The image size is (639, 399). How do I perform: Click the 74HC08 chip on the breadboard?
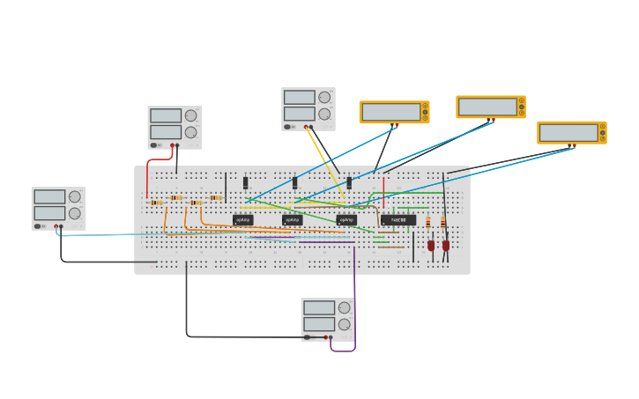pyautogui.click(x=398, y=220)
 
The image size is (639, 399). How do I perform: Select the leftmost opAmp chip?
pyautogui.click(x=243, y=220)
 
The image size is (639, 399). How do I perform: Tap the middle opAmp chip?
pyautogui.click(x=293, y=220)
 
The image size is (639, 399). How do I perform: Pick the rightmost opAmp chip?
pyautogui.click(x=346, y=220)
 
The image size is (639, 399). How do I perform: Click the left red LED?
pyautogui.click(x=431, y=246)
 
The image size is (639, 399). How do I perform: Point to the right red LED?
pyautogui.click(x=446, y=246)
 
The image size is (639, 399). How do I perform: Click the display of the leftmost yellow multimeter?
pyautogui.click(x=390, y=112)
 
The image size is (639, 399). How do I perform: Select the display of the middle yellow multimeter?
pyautogui.click(x=487, y=107)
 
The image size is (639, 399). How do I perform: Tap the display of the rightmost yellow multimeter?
pyautogui.click(x=568, y=132)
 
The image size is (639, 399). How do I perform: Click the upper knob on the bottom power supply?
pyautogui.click(x=344, y=307)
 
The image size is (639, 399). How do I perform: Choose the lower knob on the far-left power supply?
pyautogui.click(x=75, y=213)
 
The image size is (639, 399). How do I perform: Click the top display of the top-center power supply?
pyautogui.click(x=300, y=97)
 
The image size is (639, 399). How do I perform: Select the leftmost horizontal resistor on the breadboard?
pyautogui.click(x=157, y=203)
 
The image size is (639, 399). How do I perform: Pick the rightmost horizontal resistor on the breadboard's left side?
pyautogui.click(x=215, y=197)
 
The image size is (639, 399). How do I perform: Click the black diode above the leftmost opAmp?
pyautogui.click(x=246, y=183)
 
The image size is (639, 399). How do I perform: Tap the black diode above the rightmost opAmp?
pyautogui.click(x=349, y=183)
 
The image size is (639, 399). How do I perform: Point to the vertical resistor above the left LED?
pyautogui.click(x=428, y=223)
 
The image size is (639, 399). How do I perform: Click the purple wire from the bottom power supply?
pyautogui.click(x=355, y=299)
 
